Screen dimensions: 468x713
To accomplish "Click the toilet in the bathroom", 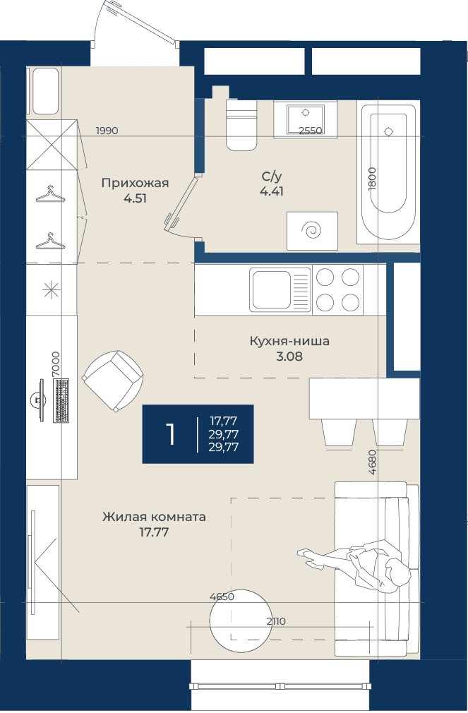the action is [241, 125].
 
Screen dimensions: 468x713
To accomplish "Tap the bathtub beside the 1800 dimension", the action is [388, 172].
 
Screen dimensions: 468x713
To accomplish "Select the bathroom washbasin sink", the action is [305, 119].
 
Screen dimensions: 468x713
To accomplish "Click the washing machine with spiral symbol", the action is [313, 231].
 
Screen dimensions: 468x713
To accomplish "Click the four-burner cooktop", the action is [338, 289].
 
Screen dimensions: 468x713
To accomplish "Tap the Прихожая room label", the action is [135, 183].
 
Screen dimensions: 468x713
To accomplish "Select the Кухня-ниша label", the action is [289, 341].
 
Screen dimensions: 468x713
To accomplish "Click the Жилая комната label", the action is [154, 517].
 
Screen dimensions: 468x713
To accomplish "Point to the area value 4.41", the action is [272, 191].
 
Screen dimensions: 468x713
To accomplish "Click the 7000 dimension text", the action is [56, 364].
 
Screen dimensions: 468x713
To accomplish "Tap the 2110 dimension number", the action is [276, 621].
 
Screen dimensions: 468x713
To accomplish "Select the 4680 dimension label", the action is [373, 462].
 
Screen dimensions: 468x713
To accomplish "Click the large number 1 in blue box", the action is [171, 434].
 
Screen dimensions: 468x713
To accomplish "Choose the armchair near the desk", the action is [113, 381].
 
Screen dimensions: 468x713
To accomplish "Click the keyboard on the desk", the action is [61, 400].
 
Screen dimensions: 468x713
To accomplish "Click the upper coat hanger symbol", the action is [50, 195].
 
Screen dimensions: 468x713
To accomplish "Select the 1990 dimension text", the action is [107, 131].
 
